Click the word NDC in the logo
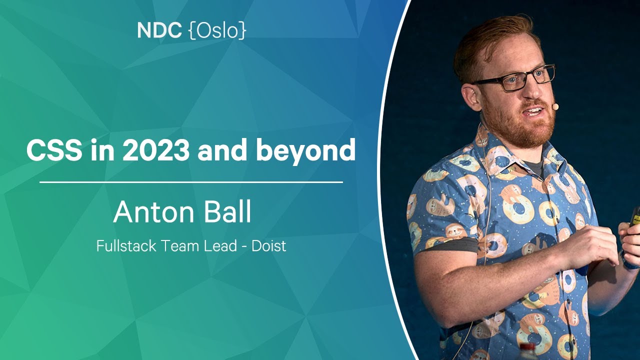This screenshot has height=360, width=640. click(159, 30)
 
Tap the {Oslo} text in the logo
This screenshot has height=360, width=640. click(217, 31)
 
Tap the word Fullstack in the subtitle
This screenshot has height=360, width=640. click(126, 246)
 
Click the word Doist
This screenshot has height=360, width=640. click(269, 246)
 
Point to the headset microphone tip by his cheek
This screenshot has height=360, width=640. click(555, 106)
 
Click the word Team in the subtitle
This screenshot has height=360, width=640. click(178, 246)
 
